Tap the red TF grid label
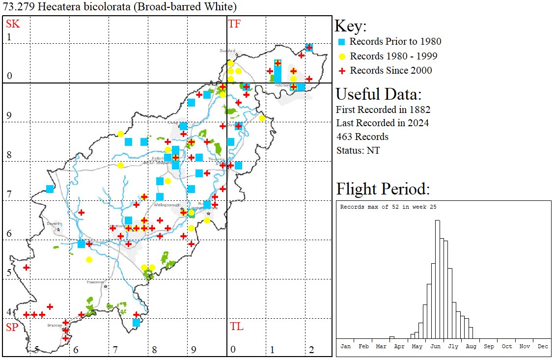234,24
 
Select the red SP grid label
11,327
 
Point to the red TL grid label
236,327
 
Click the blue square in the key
342,42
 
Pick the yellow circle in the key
342,56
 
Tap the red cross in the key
342,71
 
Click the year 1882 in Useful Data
420,109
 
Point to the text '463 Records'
362,137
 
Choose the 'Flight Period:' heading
383,189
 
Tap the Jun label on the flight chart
435,346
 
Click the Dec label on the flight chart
542,346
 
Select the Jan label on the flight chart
346,346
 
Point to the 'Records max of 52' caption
388,207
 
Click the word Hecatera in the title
48,7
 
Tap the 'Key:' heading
351,27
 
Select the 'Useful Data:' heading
378,94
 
